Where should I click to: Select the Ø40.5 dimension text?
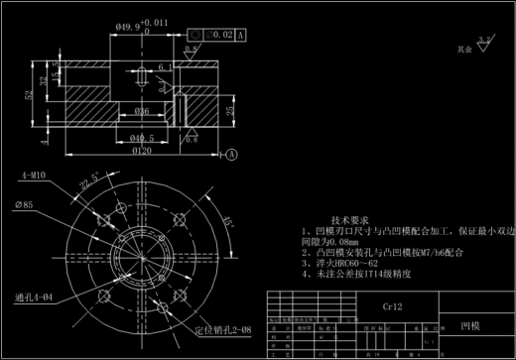click(x=143, y=137)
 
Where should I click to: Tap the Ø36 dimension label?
click(x=143, y=110)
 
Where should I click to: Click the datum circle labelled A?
click(x=231, y=155)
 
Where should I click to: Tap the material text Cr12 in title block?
click(x=393, y=308)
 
